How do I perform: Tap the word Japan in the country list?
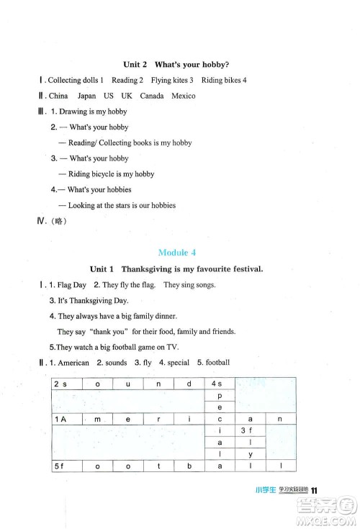tap(86, 96)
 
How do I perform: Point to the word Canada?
tap(152, 96)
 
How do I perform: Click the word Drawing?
tap(83, 112)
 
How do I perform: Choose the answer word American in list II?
tap(73, 363)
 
